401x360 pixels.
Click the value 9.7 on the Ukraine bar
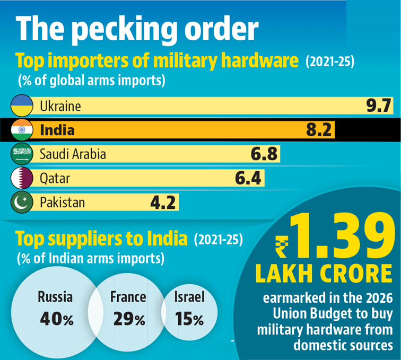(x=379, y=106)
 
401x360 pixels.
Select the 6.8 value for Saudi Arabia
(x=264, y=154)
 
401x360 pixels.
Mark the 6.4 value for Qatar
(x=248, y=179)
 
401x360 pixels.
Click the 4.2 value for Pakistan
(x=162, y=203)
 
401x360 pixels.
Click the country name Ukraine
(x=60, y=106)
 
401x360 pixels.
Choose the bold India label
(x=57, y=130)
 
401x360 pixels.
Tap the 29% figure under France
(x=129, y=320)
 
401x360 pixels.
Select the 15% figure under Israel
(x=189, y=320)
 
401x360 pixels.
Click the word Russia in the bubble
(x=56, y=297)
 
